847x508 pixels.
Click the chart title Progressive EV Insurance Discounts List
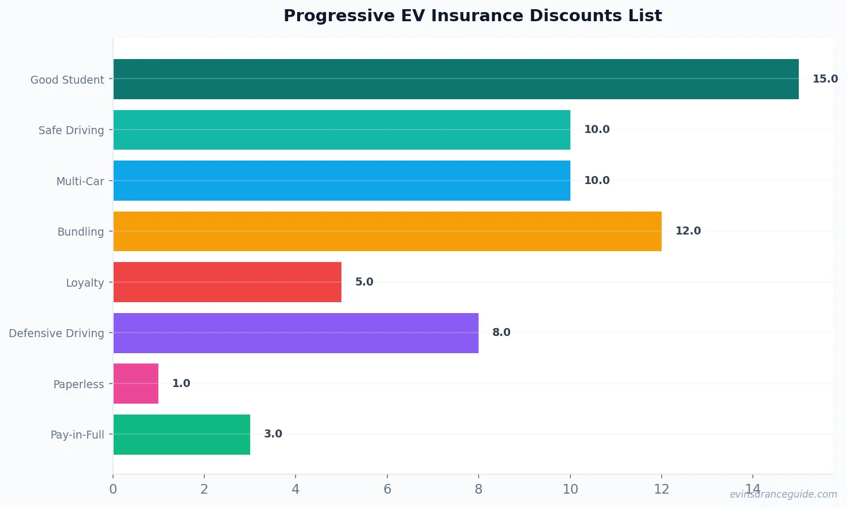[x=472, y=16]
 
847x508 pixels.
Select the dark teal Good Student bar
[x=456, y=79]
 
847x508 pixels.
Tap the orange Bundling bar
[x=387, y=231]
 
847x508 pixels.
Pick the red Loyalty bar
[x=227, y=282]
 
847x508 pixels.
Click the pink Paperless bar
[x=136, y=384]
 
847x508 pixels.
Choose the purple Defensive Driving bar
[x=296, y=333]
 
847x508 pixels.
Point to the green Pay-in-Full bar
[x=181, y=435]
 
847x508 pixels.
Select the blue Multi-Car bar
[x=341, y=181]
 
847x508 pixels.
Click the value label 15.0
[x=825, y=79]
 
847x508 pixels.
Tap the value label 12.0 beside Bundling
[x=687, y=231]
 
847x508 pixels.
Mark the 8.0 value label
[x=501, y=333]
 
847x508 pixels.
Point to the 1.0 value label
[x=181, y=384]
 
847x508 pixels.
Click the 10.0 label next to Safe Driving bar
[x=596, y=130]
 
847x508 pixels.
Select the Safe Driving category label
[x=71, y=131]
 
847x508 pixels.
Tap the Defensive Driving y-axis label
[x=56, y=334]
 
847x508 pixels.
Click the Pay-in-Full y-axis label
[x=77, y=435]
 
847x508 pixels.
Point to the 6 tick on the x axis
[x=387, y=489]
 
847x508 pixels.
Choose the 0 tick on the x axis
[x=113, y=489]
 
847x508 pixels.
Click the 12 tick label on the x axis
[x=661, y=489]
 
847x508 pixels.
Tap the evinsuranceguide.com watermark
[x=783, y=494]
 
